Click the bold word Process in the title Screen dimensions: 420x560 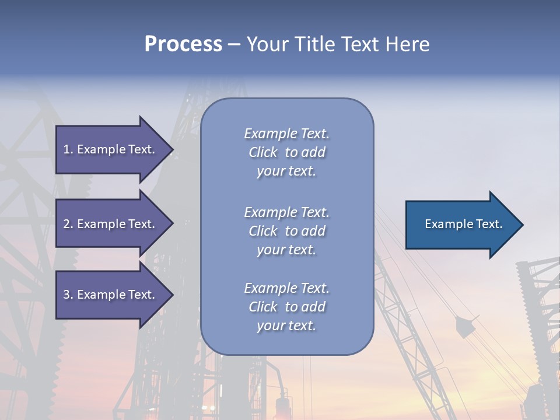point(183,44)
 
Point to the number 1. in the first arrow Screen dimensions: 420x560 point(68,149)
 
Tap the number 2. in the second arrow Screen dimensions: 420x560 point(68,224)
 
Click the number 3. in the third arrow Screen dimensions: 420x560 point(68,295)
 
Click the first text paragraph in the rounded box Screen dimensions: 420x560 point(286,152)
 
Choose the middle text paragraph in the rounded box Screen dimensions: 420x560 point(286,231)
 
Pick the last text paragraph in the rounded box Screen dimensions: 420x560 point(286,307)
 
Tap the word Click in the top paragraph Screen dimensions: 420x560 point(263,152)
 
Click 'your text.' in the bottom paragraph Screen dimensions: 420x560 point(286,325)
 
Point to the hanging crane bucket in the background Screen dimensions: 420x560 point(465,327)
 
